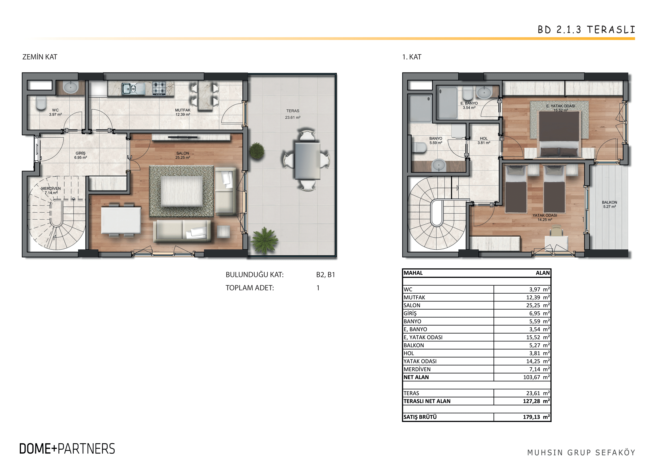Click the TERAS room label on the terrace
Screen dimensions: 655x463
point(293,111)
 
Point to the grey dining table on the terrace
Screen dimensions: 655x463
point(308,161)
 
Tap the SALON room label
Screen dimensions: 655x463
point(183,153)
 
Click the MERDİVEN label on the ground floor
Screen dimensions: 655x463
point(51,189)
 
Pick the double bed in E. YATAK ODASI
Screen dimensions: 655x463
point(559,134)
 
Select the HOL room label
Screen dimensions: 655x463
point(484,138)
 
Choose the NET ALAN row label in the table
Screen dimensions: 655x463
point(416,377)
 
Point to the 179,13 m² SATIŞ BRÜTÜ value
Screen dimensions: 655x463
point(536,417)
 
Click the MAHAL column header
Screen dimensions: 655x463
point(413,273)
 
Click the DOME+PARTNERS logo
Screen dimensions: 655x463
point(67,449)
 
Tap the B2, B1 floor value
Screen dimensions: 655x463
point(326,275)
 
